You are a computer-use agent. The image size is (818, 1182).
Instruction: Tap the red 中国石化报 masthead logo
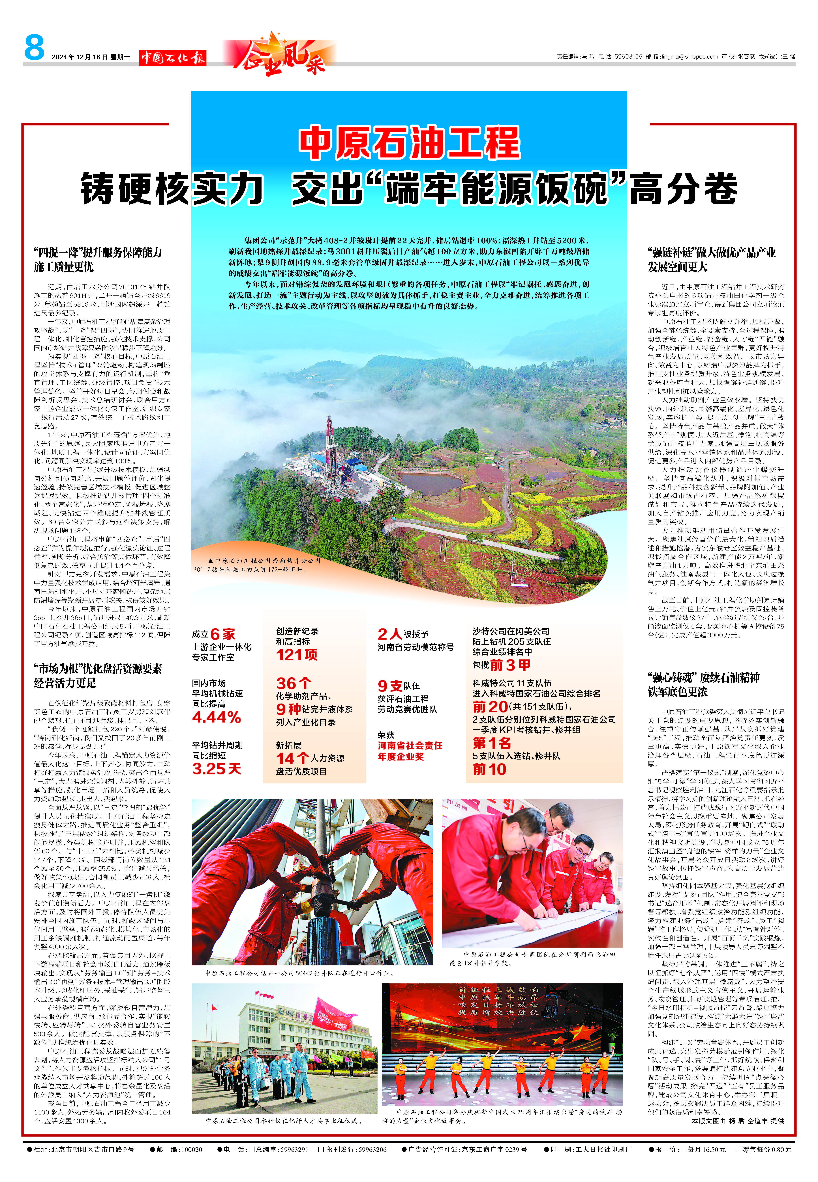[x=173, y=57]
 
